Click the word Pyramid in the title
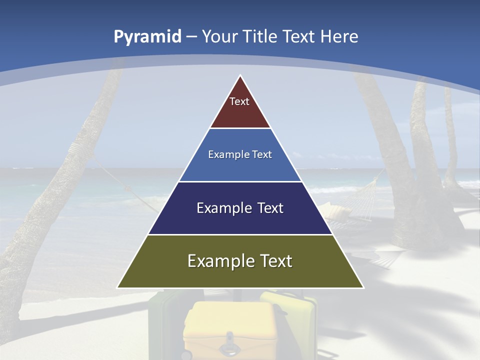(147, 37)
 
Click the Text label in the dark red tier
(239, 102)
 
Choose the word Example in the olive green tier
(215, 261)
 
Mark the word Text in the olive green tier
(275, 261)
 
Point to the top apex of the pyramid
(240, 76)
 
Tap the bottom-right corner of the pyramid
(363, 287)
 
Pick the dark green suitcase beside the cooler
(165, 320)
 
